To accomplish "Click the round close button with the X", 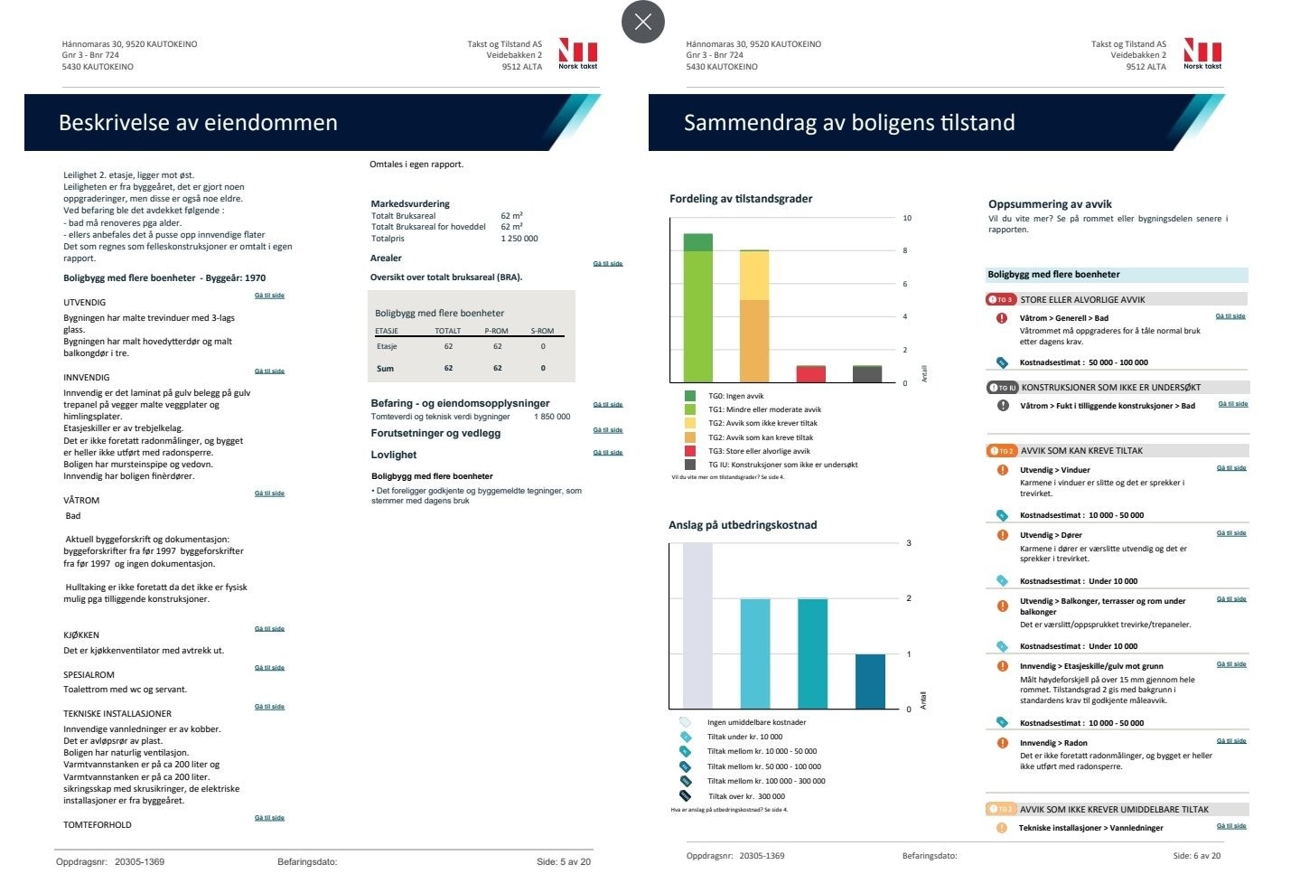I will click(x=643, y=22).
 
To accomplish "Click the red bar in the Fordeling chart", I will click(x=810, y=374).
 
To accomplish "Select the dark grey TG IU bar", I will click(x=867, y=374).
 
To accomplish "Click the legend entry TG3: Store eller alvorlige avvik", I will click(x=759, y=451).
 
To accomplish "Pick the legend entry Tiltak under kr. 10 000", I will click(x=744, y=737).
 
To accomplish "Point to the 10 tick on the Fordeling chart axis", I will click(x=907, y=218).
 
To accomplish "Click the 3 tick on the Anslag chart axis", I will click(x=909, y=543).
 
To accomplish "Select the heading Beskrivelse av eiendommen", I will click(x=198, y=123).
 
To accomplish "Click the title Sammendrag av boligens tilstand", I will click(x=849, y=123).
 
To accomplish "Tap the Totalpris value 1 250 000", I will click(x=519, y=239).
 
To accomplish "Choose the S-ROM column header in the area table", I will click(x=542, y=331).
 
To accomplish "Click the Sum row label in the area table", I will click(x=385, y=369).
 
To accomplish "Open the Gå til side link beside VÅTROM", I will click(x=269, y=493).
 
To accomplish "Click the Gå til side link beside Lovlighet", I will click(x=607, y=452).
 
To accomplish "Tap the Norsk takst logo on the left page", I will click(x=577, y=53).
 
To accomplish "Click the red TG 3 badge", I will click(x=1001, y=299).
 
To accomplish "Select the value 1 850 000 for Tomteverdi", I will click(x=552, y=417).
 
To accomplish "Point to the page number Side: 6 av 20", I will click(x=1196, y=856).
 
